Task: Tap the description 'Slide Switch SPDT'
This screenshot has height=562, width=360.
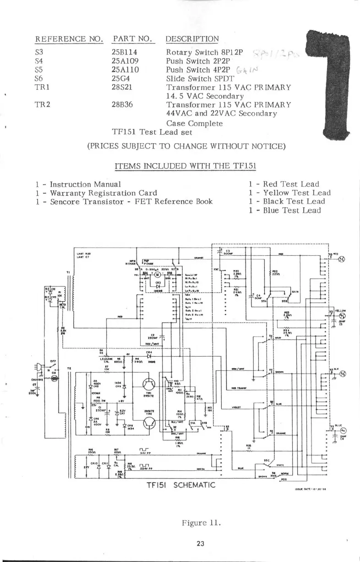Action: pos(194,78)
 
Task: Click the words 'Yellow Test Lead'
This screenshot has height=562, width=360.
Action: pos(293,193)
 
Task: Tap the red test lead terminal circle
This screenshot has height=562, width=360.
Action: pos(340,259)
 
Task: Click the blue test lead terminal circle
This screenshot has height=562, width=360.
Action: pos(340,430)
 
